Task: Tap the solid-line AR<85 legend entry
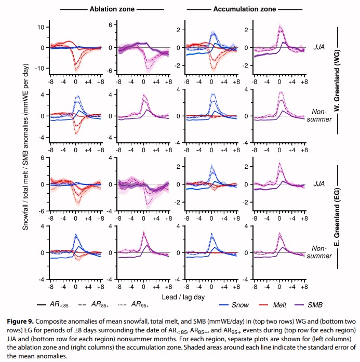[56, 305]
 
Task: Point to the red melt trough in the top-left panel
[76, 68]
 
